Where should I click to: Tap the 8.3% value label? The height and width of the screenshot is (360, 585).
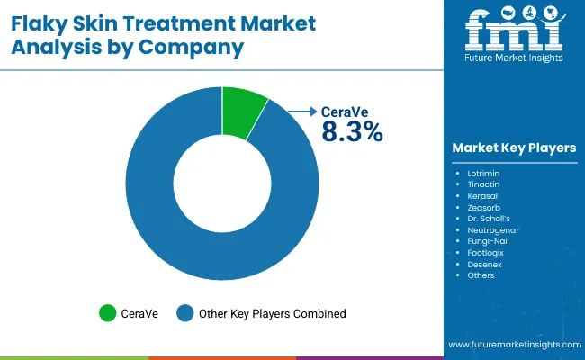click(x=352, y=131)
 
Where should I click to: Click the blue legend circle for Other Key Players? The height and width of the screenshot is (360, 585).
click(x=185, y=313)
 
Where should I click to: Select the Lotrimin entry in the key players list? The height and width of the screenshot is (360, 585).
click(x=485, y=171)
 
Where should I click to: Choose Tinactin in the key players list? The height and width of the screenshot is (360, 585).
click(x=484, y=183)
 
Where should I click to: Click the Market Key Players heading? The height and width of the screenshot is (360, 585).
click(x=515, y=148)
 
